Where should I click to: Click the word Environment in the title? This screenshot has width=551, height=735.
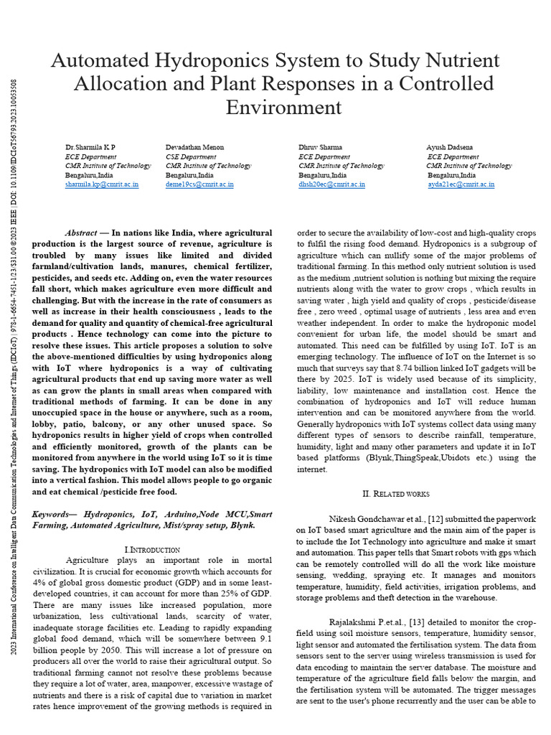pyautogui.click(x=283, y=108)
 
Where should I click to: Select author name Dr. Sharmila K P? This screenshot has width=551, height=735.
pyautogui.click(x=90, y=147)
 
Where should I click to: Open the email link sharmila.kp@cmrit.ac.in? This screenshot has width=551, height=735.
pyautogui.click(x=102, y=184)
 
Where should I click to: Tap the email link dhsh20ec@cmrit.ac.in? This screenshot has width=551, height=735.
pyautogui.click(x=331, y=184)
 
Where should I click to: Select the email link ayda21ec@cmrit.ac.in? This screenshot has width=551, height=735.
pyautogui.click(x=461, y=184)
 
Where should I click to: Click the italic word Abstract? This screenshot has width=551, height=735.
pyautogui.click(x=80, y=233)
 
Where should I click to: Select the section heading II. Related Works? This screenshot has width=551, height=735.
pyautogui.click(x=396, y=494)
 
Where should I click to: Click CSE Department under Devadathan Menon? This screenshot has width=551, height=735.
pyautogui.click(x=191, y=156)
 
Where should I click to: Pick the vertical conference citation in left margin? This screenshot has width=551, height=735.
pyautogui.click(x=15, y=402)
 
